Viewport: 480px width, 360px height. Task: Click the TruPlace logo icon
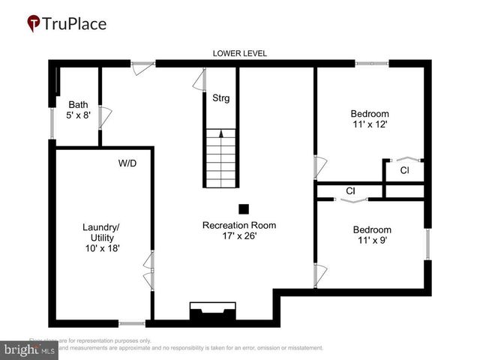coord(33,23)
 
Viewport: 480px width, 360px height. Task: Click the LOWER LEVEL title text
coord(240,53)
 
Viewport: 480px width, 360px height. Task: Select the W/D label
coord(127,163)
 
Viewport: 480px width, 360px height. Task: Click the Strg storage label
coord(221,98)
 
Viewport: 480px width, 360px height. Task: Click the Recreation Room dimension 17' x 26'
coord(239,235)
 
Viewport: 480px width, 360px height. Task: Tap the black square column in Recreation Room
coord(243,208)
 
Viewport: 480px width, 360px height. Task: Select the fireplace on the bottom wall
coord(213,313)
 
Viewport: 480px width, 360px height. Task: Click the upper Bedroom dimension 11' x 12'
coord(370,124)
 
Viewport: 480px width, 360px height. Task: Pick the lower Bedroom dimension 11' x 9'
coord(372,241)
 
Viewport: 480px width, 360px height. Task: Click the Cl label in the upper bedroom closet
coord(404,171)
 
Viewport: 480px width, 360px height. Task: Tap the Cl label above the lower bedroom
coord(350,191)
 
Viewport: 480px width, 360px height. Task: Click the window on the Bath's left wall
coord(52,124)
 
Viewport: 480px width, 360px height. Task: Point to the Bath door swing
coord(106,116)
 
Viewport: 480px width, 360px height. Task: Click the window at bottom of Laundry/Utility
coord(132,323)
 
